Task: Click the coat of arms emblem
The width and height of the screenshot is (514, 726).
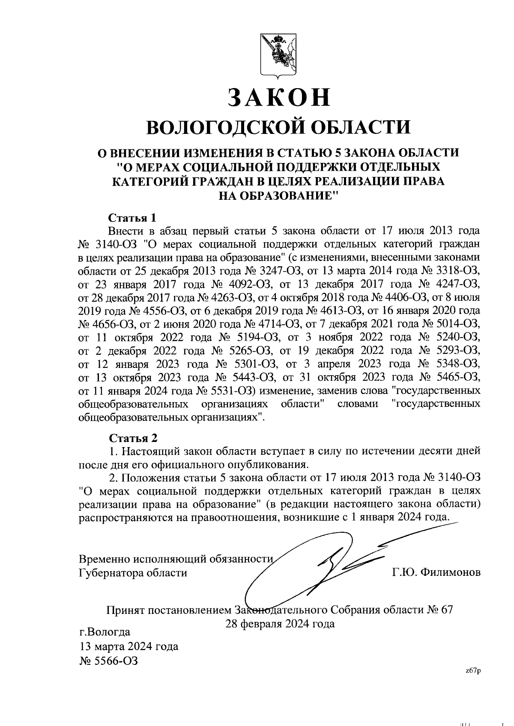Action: tap(278, 56)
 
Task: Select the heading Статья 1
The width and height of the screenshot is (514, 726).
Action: tap(133, 217)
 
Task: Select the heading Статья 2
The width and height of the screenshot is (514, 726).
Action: tap(133, 438)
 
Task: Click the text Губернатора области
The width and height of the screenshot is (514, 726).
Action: tap(133, 572)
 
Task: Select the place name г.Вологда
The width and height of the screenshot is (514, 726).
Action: tap(105, 632)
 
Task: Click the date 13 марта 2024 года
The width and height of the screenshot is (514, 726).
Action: tap(129, 646)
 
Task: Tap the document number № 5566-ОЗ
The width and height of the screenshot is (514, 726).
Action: tap(109, 661)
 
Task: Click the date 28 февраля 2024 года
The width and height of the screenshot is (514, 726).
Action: tap(280, 624)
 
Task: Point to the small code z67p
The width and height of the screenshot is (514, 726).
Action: tap(473, 671)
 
